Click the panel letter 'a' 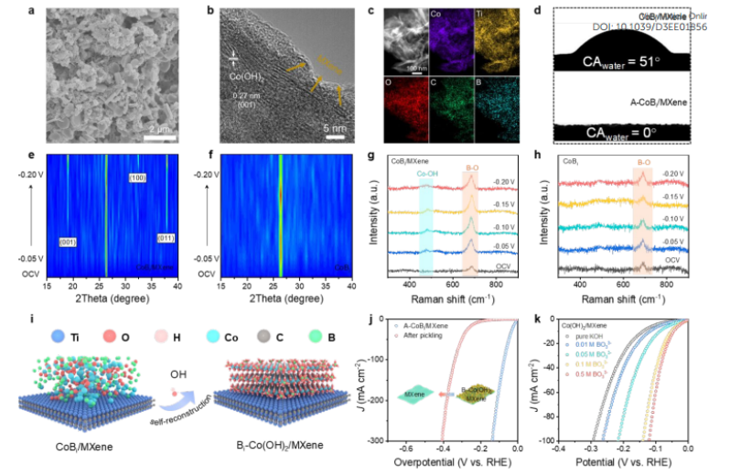[32, 11]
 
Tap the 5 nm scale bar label [336, 129]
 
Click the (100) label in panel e [138, 177]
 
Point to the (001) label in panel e [67, 242]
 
